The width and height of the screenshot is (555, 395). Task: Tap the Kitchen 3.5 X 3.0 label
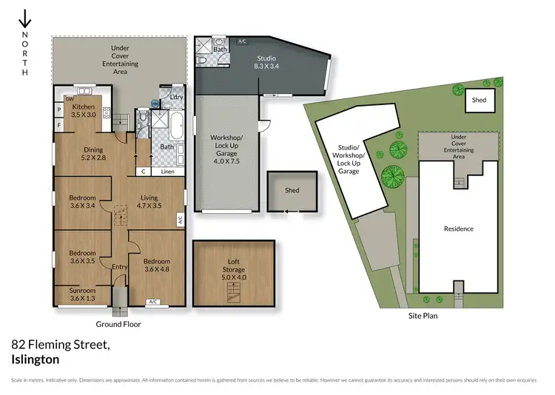[x=83, y=111]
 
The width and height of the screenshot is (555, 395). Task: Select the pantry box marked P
[x=58, y=110]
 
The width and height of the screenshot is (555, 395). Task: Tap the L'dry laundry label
[x=176, y=98]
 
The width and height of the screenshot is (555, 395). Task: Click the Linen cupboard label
[x=168, y=172]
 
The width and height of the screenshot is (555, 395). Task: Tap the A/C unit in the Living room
[x=180, y=220]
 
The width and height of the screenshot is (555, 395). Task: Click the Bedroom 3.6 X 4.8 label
[x=157, y=266]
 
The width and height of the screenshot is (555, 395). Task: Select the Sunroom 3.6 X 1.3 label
[x=81, y=294]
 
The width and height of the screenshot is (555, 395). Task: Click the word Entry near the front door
[x=119, y=267]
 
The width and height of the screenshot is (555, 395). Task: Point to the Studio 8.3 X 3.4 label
[x=266, y=62]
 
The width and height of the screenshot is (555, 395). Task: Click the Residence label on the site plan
[x=459, y=229]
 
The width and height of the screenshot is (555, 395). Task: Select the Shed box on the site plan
[x=479, y=101]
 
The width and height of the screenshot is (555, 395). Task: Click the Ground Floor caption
[x=118, y=324]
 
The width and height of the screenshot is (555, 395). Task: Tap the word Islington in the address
[x=36, y=359]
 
